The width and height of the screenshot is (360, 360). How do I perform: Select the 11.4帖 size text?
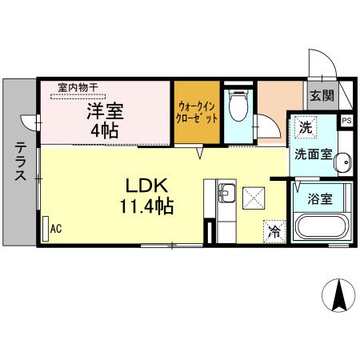pyautogui.click(x=149, y=205)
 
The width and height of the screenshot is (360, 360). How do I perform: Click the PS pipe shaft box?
pyautogui.click(x=346, y=120)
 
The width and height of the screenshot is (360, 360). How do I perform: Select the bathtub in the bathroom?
pyautogui.click(x=321, y=226)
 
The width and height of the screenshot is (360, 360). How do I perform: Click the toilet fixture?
pyautogui.click(x=238, y=105)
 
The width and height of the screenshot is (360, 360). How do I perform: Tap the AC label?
pyautogui.click(x=56, y=229)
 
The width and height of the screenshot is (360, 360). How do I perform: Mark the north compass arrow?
pyautogui.click(x=338, y=298)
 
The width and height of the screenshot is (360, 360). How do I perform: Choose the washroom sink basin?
pyautogui.click(x=343, y=161)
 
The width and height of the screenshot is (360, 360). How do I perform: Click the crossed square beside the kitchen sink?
pyautogui.click(x=255, y=196)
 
